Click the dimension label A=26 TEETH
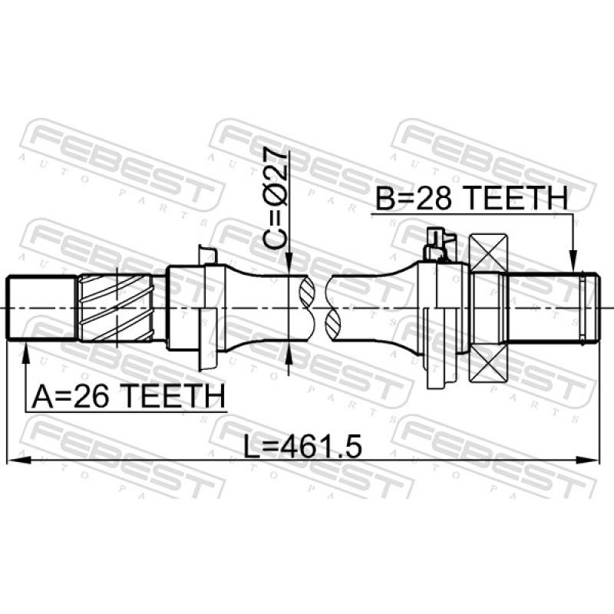pos(128,397)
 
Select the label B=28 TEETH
pos(471,200)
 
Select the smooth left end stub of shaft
pos(41,308)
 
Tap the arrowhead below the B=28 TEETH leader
pos(572,265)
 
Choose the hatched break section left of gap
pos(306,308)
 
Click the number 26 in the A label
pos(97,397)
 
